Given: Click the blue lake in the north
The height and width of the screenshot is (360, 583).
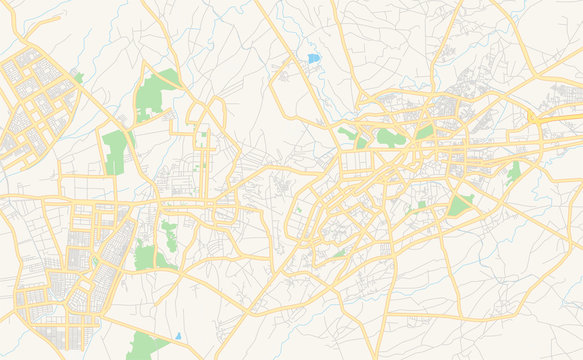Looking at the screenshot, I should (314, 59).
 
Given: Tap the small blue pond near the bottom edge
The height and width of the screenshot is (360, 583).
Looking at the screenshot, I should (178, 336).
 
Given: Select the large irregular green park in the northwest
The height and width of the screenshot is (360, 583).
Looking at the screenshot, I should (155, 93).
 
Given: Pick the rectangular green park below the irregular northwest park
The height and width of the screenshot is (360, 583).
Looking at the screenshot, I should (116, 151).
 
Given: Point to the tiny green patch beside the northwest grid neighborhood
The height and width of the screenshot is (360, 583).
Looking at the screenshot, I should (78, 77).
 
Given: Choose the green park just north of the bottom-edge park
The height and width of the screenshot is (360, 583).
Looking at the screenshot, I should (146, 257).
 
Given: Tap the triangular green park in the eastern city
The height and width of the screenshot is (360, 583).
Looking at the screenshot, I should (460, 205).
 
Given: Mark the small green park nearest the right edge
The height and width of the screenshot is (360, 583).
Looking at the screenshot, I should (513, 172).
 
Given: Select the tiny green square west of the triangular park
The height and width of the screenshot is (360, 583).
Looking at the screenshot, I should (422, 205).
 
